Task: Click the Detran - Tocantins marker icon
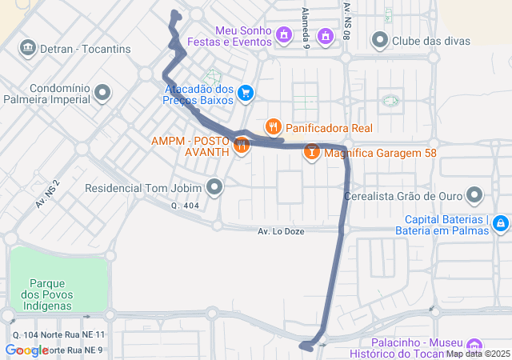click(29, 49)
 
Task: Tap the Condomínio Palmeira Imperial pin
click(102, 94)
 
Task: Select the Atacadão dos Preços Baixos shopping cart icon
click(246, 94)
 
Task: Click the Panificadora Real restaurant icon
click(274, 126)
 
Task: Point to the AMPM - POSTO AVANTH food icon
click(241, 146)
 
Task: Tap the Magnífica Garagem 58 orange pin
click(312, 151)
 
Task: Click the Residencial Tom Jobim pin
click(214, 189)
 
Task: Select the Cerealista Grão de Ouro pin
click(474, 195)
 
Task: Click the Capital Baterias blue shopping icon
click(501, 222)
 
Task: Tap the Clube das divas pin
click(379, 40)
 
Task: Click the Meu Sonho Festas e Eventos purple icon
click(284, 35)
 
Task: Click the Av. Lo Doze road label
click(282, 231)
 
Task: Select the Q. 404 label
click(185, 206)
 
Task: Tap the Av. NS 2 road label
click(48, 193)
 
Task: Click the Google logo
click(27, 350)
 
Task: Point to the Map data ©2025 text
click(478, 354)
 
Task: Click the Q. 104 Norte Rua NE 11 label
click(59, 334)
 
